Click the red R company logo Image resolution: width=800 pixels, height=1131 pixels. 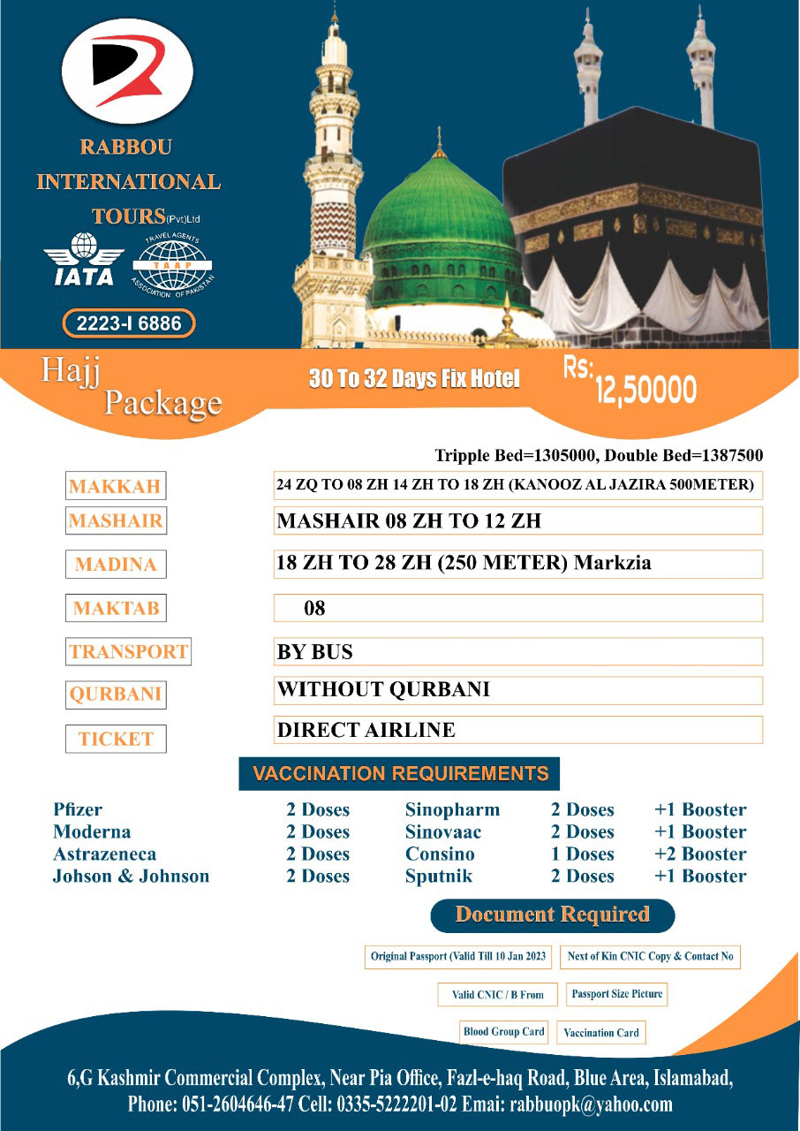tap(127, 72)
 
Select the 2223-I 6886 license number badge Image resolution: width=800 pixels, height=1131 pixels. tap(129, 324)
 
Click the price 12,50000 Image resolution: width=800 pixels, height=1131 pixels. tap(645, 390)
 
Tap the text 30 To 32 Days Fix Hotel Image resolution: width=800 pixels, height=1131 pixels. tap(414, 379)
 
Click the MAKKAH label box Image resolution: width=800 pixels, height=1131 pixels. tap(115, 487)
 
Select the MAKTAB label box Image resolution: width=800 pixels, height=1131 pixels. tap(117, 608)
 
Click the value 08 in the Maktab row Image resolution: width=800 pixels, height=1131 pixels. tap(314, 608)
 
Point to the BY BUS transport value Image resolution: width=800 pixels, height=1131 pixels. tap(314, 652)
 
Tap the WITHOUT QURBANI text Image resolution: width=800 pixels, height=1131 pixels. tap(383, 689)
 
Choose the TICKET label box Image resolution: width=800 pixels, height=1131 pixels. tap(116, 739)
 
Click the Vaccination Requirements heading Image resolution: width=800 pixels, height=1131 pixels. tap(400, 774)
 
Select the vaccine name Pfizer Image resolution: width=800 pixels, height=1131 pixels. tap(78, 809)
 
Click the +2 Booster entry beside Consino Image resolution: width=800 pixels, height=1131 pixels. tap(700, 854)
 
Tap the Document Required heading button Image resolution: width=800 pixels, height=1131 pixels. tap(552, 915)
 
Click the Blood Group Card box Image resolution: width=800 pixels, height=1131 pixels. tap(504, 1032)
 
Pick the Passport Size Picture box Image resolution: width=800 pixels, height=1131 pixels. tap(616, 994)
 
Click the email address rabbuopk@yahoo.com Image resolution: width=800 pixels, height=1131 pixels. tap(597, 1104)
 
